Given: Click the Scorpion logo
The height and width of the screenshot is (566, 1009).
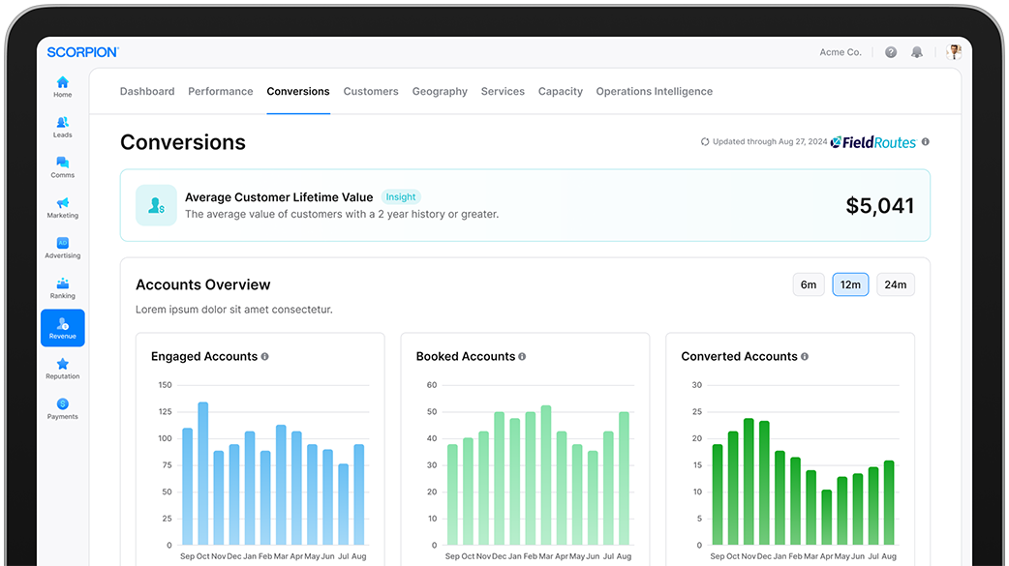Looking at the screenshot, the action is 83,52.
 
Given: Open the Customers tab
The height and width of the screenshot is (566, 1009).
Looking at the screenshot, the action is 371,91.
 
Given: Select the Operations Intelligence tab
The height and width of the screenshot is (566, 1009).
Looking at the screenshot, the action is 654,91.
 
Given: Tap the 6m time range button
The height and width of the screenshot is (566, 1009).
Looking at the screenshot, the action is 809,284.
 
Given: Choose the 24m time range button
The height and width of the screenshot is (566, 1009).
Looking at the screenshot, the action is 895,284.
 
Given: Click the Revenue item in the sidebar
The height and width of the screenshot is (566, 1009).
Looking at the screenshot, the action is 62,328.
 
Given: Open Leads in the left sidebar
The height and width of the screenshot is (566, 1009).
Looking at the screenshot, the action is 62,127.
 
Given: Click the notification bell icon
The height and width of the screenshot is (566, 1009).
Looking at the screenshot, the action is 917,52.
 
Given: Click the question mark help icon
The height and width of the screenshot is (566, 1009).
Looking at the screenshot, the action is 891,52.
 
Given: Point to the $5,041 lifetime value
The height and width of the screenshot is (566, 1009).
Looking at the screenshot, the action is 879,206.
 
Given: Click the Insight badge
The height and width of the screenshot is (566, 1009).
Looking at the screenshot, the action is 400,196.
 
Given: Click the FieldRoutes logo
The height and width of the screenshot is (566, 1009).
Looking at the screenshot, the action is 873,142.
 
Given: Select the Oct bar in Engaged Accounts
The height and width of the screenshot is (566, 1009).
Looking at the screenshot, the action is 202,473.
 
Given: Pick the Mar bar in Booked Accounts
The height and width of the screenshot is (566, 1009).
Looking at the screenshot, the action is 546,475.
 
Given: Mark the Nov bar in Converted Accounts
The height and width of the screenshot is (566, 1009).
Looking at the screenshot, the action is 749,482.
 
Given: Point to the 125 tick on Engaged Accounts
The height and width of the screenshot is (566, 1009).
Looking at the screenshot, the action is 166,411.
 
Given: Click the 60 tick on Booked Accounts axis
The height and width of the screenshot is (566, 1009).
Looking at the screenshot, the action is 432,385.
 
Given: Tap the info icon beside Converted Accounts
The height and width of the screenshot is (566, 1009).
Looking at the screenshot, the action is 805,356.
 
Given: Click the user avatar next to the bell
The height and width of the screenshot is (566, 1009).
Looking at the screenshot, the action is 954,52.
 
